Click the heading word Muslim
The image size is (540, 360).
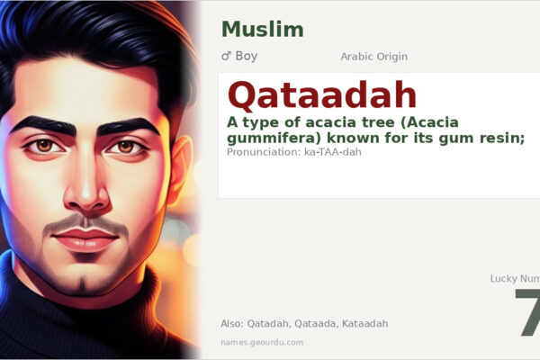point(262,29)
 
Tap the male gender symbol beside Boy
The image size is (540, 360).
point(226,56)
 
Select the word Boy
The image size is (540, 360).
point(247,56)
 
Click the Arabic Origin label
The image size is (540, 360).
point(373,57)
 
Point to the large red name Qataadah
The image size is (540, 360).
point(322,94)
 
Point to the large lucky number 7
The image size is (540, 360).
point(528,314)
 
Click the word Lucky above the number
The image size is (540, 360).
point(504,279)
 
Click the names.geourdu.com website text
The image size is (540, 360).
point(262,342)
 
